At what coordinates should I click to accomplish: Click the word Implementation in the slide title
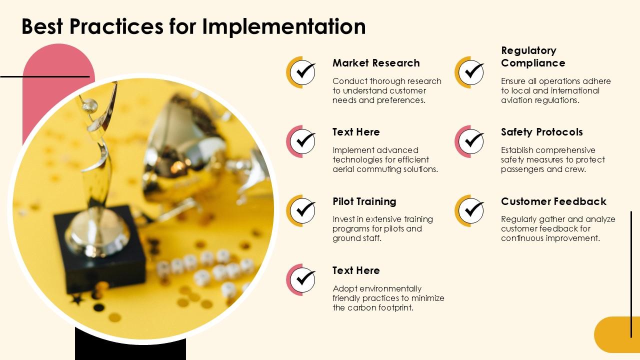click(x=283, y=26)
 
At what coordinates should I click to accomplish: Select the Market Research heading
click(x=376, y=63)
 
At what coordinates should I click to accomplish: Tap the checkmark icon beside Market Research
click(x=302, y=72)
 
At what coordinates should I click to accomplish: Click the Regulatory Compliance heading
click(x=533, y=56)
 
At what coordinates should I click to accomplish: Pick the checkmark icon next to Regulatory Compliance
click(x=471, y=72)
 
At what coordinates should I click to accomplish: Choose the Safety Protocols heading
click(x=541, y=132)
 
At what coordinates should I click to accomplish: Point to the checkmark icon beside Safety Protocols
click(x=471, y=141)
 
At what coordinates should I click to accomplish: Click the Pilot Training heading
click(x=364, y=201)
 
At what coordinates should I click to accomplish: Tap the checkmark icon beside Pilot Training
click(x=302, y=210)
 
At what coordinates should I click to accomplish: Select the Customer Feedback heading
click(x=553, y=201)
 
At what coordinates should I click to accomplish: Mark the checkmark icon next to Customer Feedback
click(x=471, y=210)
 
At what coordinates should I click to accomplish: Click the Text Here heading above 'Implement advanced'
click(x=356, y=132)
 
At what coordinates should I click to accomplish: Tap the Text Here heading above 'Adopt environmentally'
click(x=356, y=270)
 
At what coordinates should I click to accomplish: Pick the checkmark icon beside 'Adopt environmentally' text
click(x=302, y=279)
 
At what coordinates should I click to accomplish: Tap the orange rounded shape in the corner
click(x=617, y=334)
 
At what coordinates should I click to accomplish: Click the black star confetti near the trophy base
click(x=77, y=299)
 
